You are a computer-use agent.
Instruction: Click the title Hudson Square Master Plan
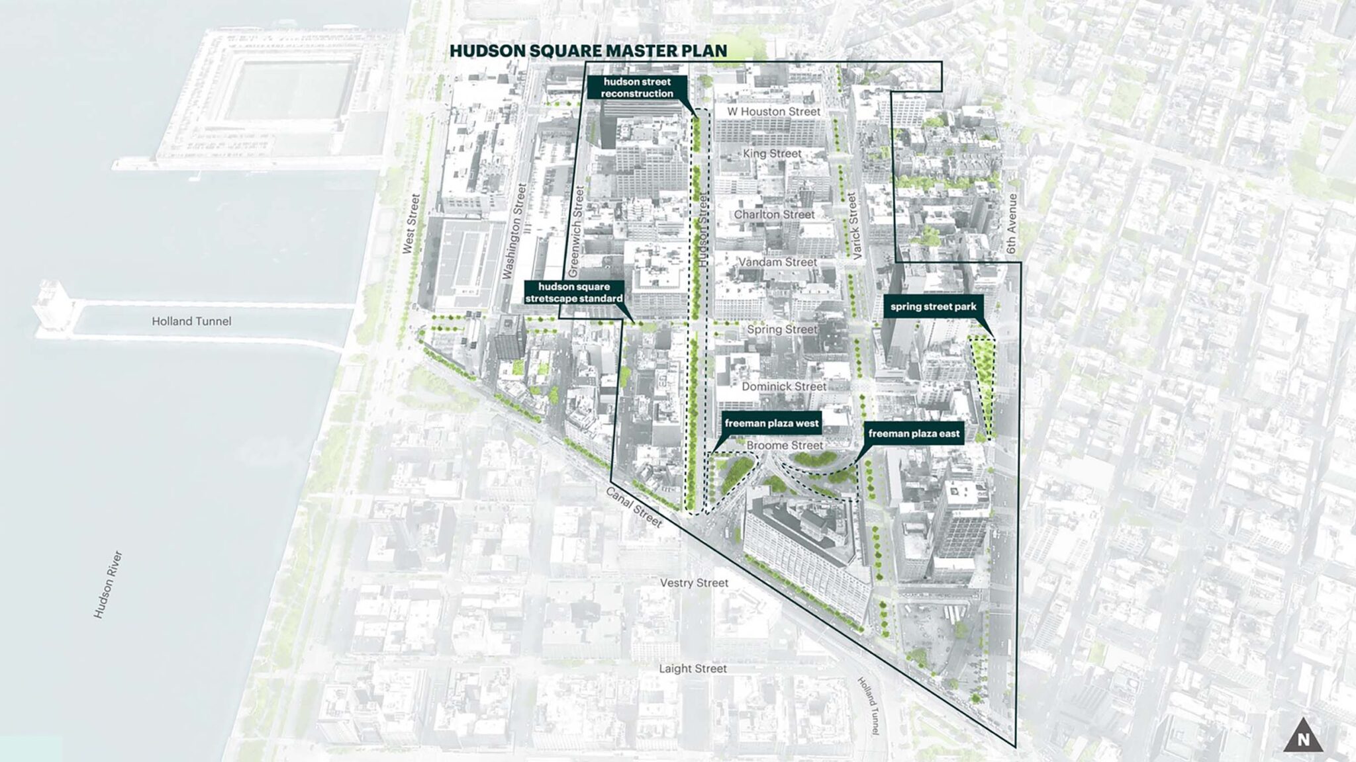coord(588,51)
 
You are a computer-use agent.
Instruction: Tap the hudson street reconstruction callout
coord(637,88)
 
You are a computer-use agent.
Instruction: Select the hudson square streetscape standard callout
coord(574,292)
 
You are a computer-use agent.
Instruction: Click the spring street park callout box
coord(932,307)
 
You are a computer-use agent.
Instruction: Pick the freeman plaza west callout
coord(771,423)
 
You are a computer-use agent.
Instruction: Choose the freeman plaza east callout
coord(914,434)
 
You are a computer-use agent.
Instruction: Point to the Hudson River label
coord(108,584)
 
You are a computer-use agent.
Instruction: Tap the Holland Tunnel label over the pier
coord(191,321)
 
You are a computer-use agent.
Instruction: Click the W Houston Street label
coord(773,112)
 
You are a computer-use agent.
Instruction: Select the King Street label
coord(772,153)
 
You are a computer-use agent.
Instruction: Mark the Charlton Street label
coord(774,215)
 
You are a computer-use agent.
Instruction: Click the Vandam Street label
coord(777,263)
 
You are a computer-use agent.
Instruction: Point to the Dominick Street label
coord(784,386)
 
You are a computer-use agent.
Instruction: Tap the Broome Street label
coord(785,446)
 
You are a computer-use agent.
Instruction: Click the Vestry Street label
coord(694,583)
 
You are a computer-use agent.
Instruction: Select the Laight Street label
coord(693,669)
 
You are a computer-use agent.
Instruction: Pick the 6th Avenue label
coord(1011,224)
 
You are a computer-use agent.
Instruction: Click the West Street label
coord(411,224)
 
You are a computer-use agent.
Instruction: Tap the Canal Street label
coord(634,507)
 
